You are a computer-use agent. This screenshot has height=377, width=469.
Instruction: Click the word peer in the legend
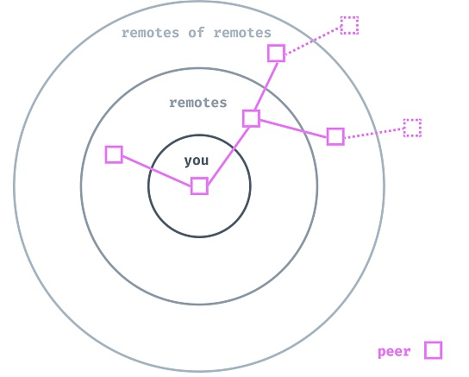394,352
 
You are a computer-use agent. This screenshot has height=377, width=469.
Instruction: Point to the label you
197,161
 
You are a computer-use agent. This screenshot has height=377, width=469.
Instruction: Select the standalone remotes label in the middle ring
198,103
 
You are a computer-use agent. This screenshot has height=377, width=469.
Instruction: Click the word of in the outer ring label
197,32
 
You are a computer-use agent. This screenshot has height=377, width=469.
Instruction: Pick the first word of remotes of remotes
150,33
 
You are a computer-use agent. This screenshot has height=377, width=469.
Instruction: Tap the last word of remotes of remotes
242,33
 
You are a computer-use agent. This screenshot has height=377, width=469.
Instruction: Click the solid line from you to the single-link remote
157,171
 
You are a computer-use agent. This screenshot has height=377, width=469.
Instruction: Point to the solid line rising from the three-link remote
266,86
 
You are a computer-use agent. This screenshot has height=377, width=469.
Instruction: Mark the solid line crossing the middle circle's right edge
293,129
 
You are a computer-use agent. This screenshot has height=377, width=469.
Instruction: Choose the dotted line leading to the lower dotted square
374,134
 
